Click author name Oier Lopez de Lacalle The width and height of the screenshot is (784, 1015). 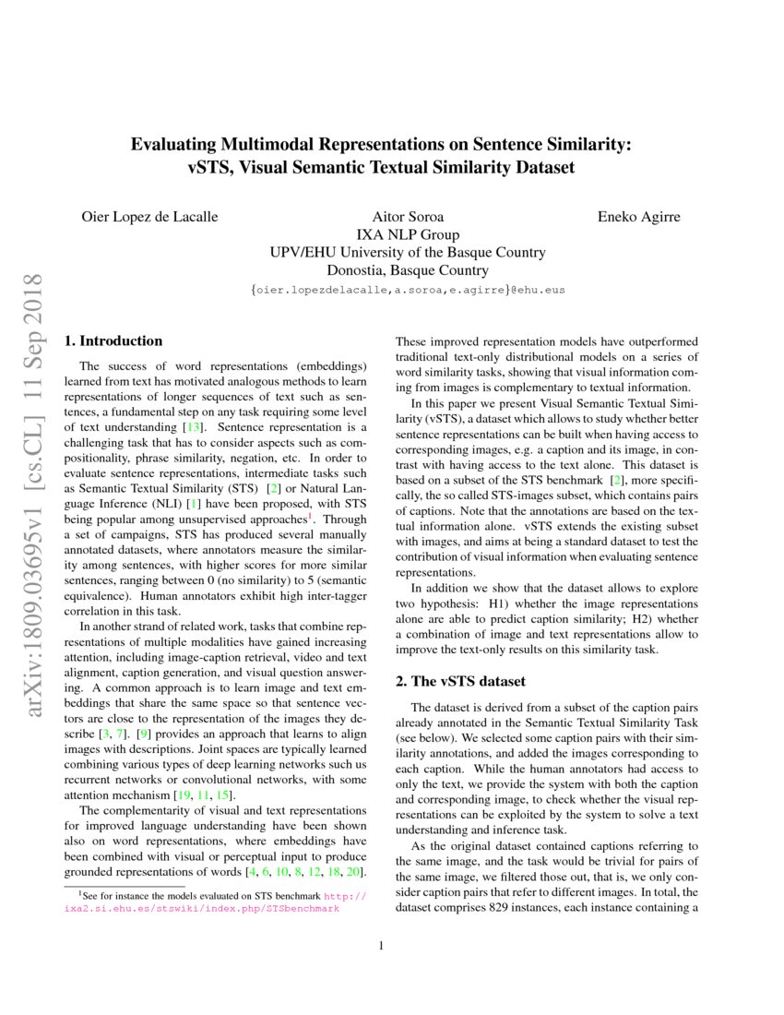tap(150, 217)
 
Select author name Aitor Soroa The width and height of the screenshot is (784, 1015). tap(407, 217)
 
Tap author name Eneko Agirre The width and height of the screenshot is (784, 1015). tap(640, 217)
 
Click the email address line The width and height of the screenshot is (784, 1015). tap(407, 289)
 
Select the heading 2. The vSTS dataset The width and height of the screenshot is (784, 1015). tap(460, 682)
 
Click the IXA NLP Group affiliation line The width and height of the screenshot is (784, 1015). tap(407, 234)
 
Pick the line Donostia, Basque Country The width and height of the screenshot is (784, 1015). tap(407, 270)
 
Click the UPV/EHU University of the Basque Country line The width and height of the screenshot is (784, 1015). tap(407, 252)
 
